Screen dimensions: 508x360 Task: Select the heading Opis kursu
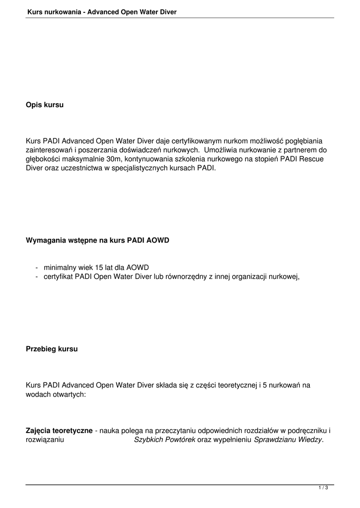tap(45, 105)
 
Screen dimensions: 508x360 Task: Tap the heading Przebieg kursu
tap(52, 349)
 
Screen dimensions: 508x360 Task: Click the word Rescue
tap(315, 159)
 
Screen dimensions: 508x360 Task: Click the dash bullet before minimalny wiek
tap(37, 267)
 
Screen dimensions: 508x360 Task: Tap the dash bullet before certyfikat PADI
tap(37, 276)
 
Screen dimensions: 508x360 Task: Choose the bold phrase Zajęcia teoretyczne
tap(59, 431)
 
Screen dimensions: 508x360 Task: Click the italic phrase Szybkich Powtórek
tap(164, 440)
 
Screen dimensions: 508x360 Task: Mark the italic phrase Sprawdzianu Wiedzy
tap(288, 440)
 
